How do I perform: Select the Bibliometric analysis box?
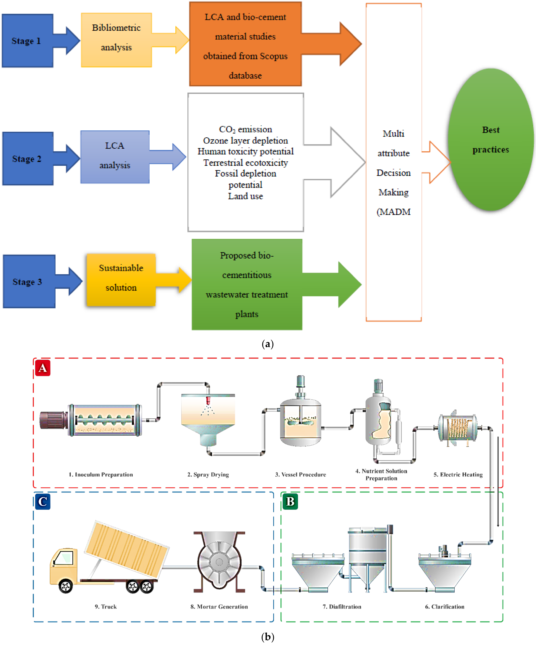pyautogui.click(x=116, y=40)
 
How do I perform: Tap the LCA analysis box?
pyautogui.click(x=115, y=157)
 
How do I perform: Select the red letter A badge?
pyautogui.click(x=42, y=368)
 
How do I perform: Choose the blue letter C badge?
pyautogui.click(x=42, y=501)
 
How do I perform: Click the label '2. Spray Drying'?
pyautogui.click(x=208, y=474)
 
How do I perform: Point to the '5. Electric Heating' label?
pyautogui.click(x=458, y=474)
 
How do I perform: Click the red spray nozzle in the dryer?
pyautogui.click(x=208, y=400)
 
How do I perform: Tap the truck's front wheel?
pyautogui.click(x=66, y=586)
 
